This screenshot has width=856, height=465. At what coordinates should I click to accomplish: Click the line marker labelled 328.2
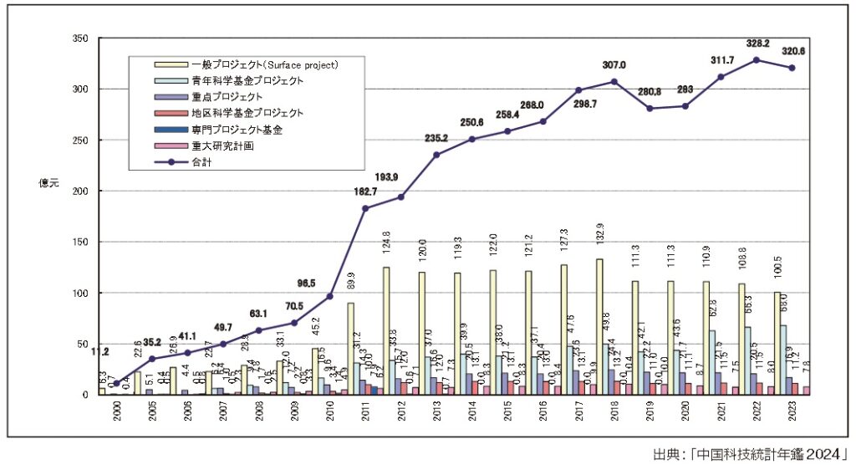pos(757,60)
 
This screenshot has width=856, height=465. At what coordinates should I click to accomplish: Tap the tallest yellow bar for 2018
pos(599,326)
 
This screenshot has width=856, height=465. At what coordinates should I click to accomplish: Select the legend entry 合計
pos(202,162)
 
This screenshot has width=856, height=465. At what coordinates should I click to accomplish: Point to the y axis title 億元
pos(47,182)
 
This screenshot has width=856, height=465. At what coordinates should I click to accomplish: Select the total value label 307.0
pos(614,65)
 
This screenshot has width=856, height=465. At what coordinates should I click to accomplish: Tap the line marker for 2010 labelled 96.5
pos(329,296)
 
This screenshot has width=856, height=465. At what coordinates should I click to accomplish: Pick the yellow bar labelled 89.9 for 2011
pos(350,349)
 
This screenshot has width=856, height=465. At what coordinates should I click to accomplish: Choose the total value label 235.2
pos(436,139)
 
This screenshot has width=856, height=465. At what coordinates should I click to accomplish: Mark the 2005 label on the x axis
pos(152,415)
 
